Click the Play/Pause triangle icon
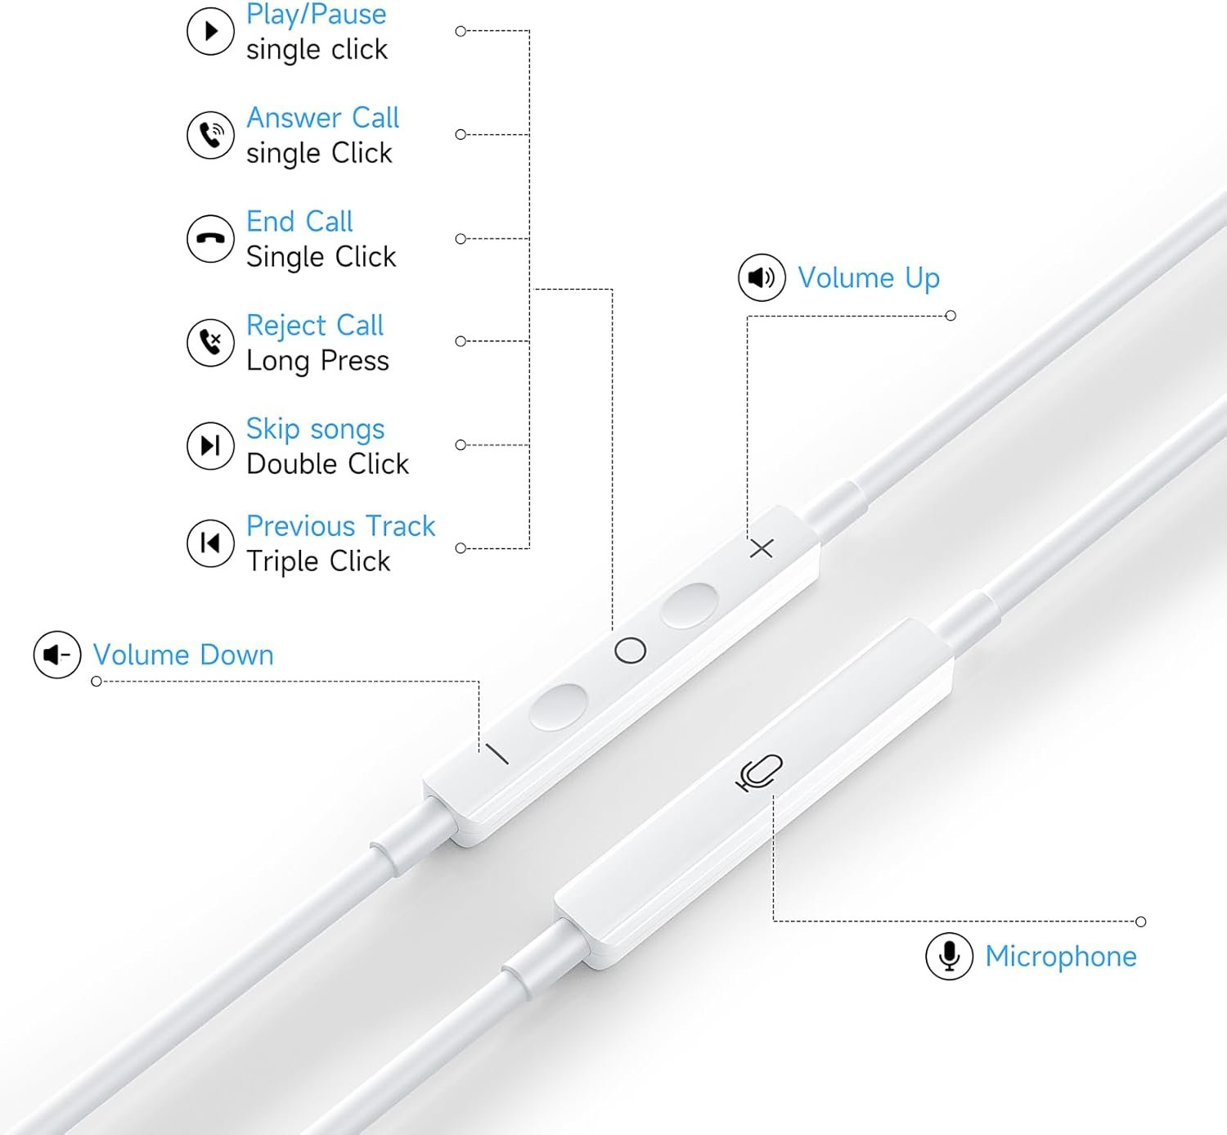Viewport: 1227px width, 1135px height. (x=211, y=31)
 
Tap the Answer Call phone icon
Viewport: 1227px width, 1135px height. (x=211, y=135)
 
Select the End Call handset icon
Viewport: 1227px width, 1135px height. (x=211, y=239)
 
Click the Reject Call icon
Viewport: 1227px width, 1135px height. (x=211, y=342)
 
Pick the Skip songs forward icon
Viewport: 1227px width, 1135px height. (x=211, y=445)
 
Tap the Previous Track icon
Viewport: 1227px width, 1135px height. (x=211, y=543)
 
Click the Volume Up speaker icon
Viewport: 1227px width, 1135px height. (x=762, y=277)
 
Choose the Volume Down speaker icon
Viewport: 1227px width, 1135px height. (x=57, y=655)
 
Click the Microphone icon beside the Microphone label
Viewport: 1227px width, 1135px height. (x=949, y=956)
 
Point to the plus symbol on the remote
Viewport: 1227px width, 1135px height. (x=762, y=547)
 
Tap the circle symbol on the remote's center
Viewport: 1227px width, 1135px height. (x=630, y=651)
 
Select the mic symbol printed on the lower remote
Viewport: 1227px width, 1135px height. (x=759, y=772)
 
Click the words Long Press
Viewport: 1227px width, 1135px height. (x=317, y=361)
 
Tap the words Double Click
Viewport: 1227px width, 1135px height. (x=327, y=464)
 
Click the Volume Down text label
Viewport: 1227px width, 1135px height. (x=183, y=655)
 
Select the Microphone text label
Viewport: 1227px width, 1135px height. (x=1061, y=957)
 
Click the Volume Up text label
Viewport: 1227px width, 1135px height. (x=869, y=278)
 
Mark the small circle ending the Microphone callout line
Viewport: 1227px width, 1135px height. (x=1141, y=921)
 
